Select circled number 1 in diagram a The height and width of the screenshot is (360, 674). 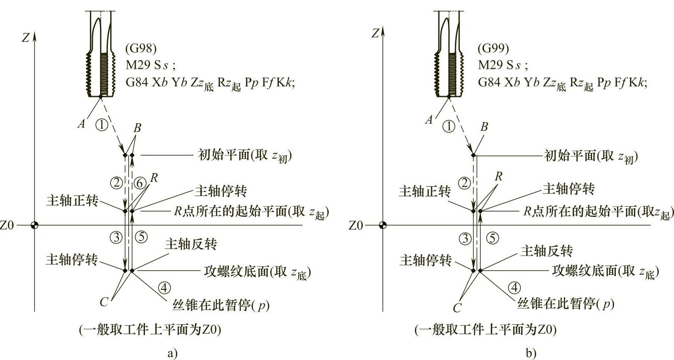click(101, 125)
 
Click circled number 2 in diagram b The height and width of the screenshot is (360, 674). click(464, 182)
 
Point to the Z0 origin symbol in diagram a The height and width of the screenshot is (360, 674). click(34, 226)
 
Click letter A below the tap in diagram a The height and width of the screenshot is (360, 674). click(81, 124)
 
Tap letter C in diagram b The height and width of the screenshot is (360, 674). click(457, 308)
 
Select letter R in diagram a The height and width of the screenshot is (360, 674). click(154, 178)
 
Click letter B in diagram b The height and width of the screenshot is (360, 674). click(484, 127)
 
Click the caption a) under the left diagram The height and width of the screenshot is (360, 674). click(173, 353)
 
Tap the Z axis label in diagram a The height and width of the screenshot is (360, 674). click(26, 38)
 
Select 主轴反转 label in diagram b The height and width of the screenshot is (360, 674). click(546, 251)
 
